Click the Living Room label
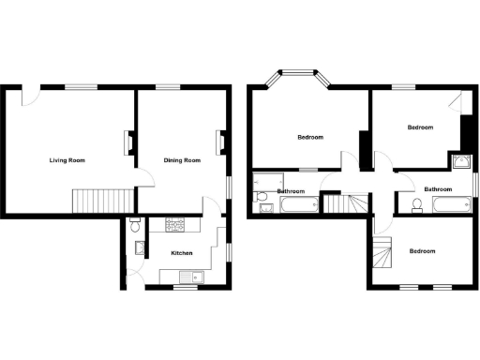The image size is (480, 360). (x=67, y=160)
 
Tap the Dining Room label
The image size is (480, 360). (x=182, y=160)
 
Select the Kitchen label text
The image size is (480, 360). (x=182, y=252)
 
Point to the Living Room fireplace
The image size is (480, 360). (x=129, y=141)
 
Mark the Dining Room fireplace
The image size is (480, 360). (x=221, y=141)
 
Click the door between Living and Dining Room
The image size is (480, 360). (x=141, y=178)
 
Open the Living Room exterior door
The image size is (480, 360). (x=31, y=94)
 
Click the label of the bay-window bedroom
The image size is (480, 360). (x=310, y=138)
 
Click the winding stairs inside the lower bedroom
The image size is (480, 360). (x=381, y=252)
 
